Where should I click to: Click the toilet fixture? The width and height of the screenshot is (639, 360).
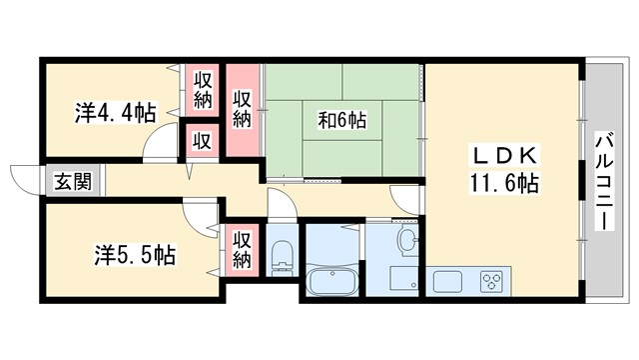(280, 254)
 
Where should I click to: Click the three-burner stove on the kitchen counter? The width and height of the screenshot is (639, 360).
(491, 279)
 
